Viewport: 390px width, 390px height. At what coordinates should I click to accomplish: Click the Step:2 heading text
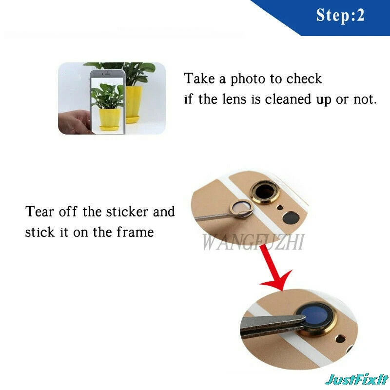coord(340,16)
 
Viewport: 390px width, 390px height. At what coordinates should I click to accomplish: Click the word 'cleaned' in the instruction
coord(288,99)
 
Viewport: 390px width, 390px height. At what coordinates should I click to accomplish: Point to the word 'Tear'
coord(39,212)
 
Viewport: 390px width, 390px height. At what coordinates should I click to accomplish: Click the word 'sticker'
coord(127,212)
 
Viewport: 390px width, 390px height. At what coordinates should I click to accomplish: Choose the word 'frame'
coord(136,232)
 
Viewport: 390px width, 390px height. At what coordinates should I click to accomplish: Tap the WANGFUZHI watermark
coord(253,242)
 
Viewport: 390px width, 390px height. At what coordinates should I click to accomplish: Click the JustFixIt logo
coord(357,380)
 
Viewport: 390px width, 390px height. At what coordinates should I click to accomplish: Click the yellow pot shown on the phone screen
coord(110,118)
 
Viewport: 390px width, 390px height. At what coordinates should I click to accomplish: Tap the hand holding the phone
coord(74,122)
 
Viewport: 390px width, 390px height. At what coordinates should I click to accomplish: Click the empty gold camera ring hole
coord(265,192)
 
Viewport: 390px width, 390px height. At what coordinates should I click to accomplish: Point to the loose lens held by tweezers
coord(241,209)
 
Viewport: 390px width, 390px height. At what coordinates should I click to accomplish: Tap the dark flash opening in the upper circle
coord(291,217)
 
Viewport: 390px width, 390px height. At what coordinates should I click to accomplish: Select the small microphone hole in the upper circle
coord(280,207)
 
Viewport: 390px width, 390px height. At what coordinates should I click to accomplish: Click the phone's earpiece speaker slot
coord(107,74)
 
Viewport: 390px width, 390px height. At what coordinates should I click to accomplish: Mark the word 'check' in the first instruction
coord(304,79)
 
